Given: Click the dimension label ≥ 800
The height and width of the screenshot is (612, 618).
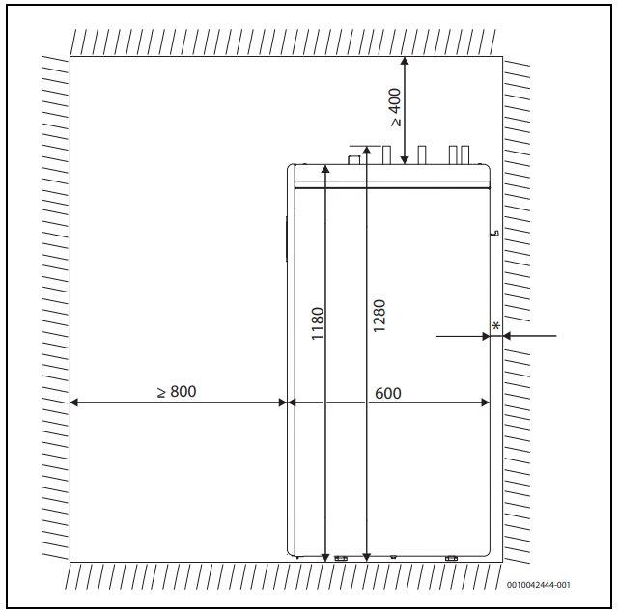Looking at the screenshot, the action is click(177, 392).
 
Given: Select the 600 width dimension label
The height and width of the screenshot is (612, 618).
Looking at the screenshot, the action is click(388, 393).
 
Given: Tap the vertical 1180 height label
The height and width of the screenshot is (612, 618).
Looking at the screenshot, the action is click(318, 323).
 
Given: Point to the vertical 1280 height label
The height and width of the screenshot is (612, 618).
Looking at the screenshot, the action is click(379, 316).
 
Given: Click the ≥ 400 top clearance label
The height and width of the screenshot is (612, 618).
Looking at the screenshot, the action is click(395, 107).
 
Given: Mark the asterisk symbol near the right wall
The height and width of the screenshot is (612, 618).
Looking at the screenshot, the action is click(496, 326).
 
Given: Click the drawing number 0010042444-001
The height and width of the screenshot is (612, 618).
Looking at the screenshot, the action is click(539, 585).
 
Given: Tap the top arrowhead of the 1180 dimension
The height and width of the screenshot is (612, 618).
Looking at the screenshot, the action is click(325, 169).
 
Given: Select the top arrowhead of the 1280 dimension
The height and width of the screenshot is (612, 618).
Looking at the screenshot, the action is click(367, 151).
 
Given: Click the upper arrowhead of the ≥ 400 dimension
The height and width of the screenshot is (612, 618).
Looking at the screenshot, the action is click(405, 61).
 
